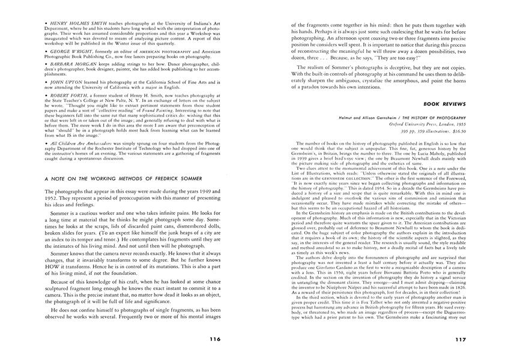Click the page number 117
460,338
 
